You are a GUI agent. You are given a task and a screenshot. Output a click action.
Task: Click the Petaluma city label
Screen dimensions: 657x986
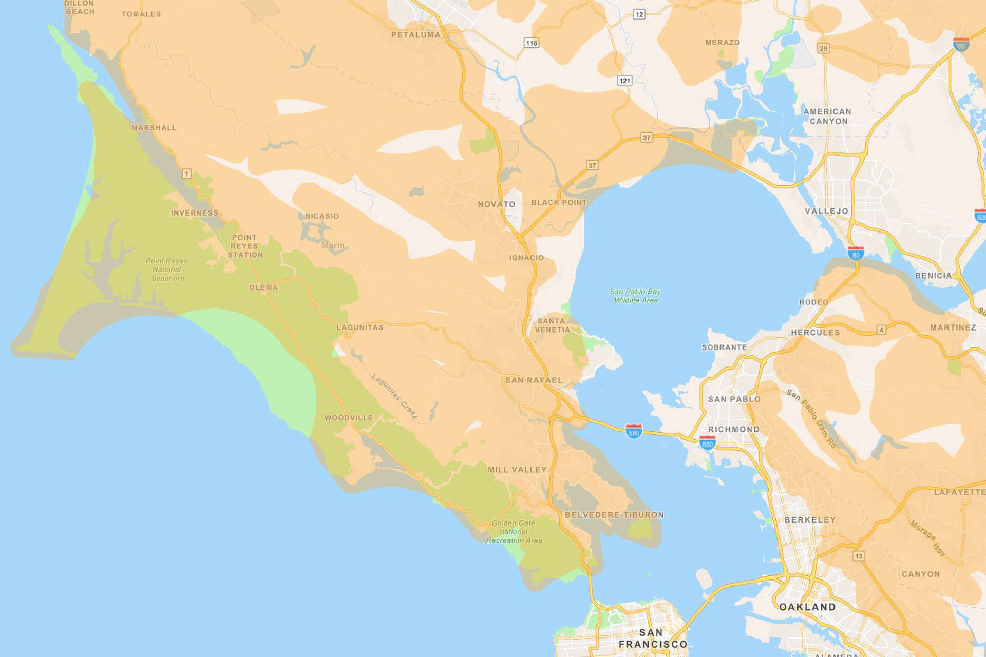click(416, 35)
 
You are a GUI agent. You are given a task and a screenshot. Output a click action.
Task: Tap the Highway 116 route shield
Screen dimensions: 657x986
click(532, 43)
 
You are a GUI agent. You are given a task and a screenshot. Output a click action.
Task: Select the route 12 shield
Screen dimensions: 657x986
click(639, 14)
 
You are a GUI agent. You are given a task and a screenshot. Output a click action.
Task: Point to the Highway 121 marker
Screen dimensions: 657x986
click(624, 81)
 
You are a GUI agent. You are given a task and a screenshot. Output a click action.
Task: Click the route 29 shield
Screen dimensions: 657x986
click(824, 49)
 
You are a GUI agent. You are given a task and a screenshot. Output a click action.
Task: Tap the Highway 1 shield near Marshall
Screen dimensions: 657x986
click(187, 174)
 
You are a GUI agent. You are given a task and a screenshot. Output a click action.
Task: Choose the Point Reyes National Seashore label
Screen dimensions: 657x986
click(167, 269)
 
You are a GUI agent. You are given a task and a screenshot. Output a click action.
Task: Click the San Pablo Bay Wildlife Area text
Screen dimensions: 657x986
click(635, 296)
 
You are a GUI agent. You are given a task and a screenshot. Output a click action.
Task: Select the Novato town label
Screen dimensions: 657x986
click(496, 204)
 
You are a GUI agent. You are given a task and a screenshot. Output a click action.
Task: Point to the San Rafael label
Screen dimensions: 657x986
click(534, 380)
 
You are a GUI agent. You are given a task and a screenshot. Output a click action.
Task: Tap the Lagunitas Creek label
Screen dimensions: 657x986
click(394, 397)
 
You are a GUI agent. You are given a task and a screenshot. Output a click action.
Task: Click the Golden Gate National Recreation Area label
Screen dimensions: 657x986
click(514, 532)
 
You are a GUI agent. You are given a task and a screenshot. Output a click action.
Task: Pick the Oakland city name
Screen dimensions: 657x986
click(807, 607)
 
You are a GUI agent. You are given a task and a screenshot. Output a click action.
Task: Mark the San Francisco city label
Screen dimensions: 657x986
click(652, 639)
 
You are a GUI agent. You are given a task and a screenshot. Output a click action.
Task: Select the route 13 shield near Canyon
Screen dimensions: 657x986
click(859, 556)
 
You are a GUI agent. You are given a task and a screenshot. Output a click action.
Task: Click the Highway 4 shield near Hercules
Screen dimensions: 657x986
click(881, 330)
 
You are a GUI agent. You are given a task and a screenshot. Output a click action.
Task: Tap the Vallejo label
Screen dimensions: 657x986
click(827, 211)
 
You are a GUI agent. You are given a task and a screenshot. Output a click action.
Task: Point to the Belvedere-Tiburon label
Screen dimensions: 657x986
click(614, 515)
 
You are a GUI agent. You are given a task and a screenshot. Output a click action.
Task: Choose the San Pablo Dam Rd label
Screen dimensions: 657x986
click(811, 418)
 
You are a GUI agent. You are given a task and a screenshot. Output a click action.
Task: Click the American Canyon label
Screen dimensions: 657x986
click(827, 117)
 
